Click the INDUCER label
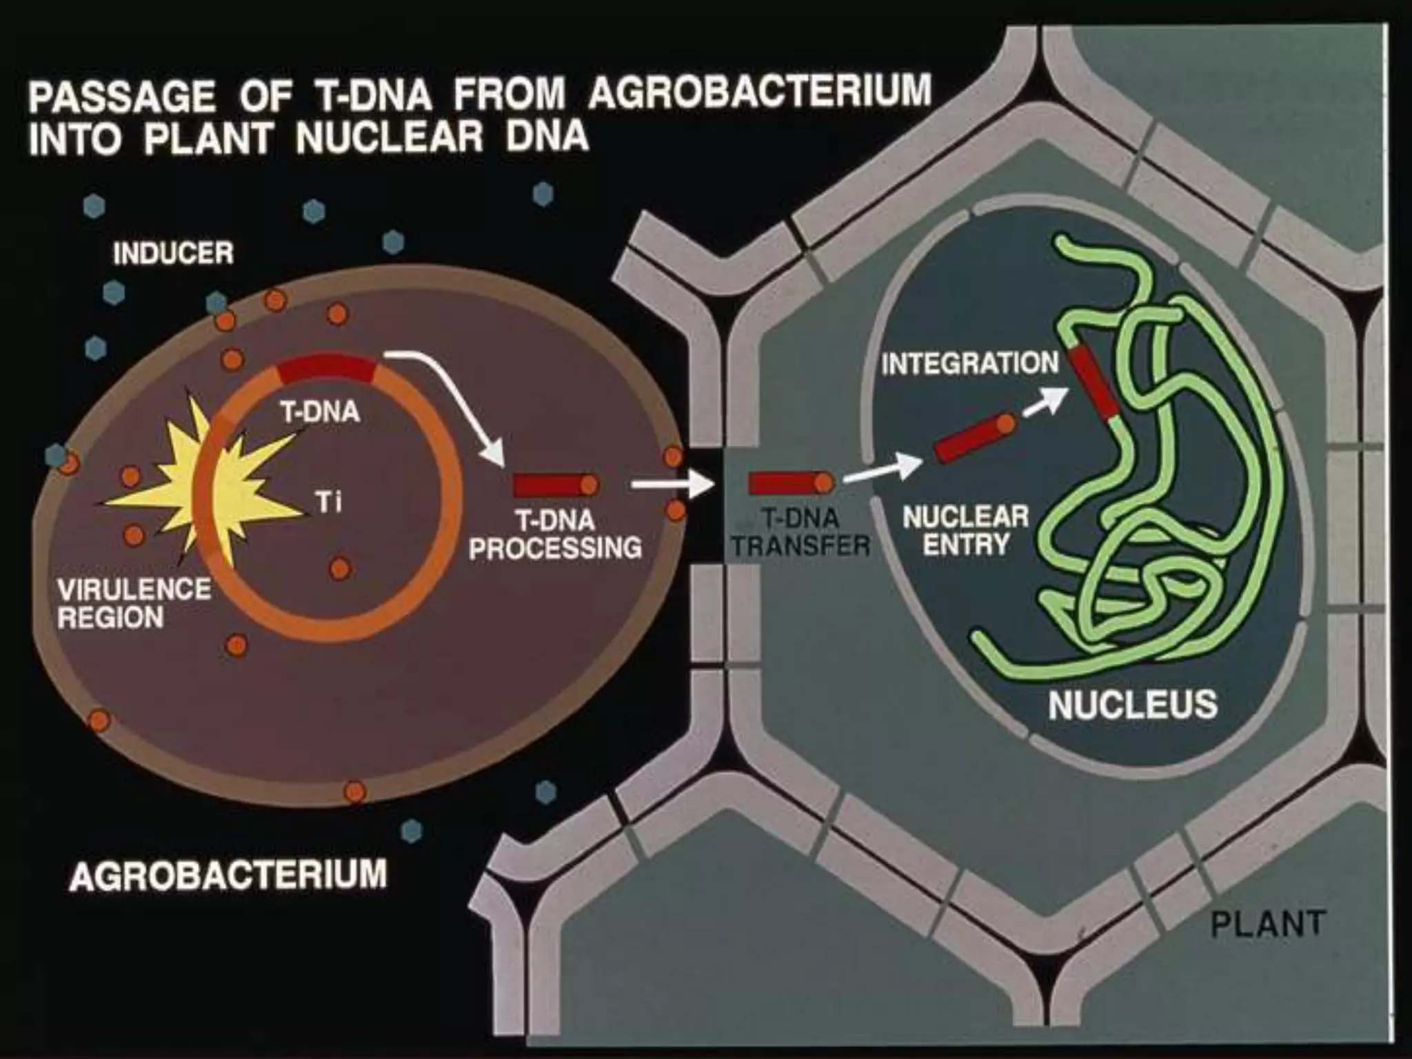click(173, 254)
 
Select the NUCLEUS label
click(1132, 704)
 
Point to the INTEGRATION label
click(969, 363)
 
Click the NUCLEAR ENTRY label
click(965, 530)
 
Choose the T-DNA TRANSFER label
click(800, 532)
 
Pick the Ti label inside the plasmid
click(329, 503)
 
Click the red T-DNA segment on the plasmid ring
click(326, 371)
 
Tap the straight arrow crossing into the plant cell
click(672, 485)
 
